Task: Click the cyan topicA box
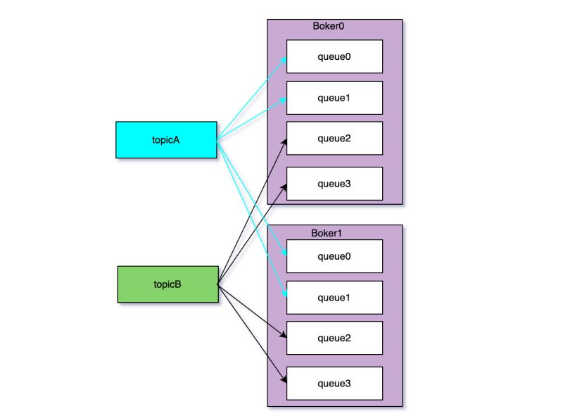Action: tap(166, 139)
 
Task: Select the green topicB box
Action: tap(167, 284)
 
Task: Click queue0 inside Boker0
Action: tap(334, 57)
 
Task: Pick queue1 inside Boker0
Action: tap(334, 98)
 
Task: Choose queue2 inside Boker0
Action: tap(334, 139)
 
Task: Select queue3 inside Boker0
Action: tap(334, 184)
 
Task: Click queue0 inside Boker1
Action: tap(334, 257)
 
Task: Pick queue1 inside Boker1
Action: tap(334, 298)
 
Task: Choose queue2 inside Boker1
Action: tap(334, 339)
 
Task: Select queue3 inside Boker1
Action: tap(334, 384)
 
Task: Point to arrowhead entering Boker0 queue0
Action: tap(283, 58)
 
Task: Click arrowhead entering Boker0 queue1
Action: tap(283, 100)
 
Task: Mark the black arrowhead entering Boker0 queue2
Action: tap(284, 141)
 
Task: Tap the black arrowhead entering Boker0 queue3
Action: tap(284, 186)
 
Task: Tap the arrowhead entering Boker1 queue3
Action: tap(283, 380)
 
